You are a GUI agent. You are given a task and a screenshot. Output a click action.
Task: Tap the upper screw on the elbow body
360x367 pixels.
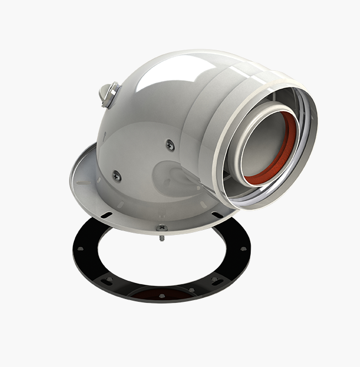point(170,145)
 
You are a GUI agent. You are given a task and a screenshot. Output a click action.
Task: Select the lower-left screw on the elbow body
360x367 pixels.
point(117,176)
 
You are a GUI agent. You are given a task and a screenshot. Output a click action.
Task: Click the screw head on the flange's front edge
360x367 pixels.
point(161,227)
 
